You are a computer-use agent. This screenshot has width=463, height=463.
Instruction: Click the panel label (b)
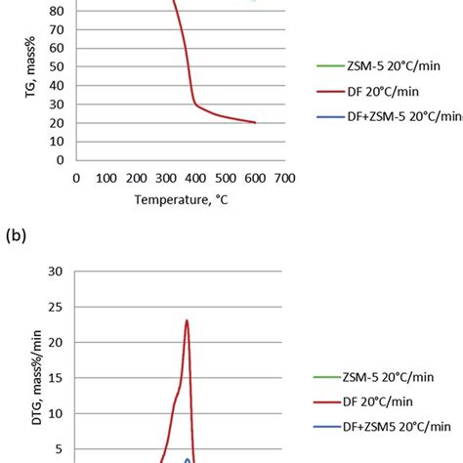pyautogui.click(x=17, y=233)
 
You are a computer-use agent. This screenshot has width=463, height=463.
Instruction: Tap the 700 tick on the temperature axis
pyautogui.click(x=284, y=179)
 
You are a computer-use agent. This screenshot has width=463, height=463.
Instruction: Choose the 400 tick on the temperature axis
pyautogui.click(x=195, y=179)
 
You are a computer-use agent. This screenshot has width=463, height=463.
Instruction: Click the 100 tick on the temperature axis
pyautogui.click(x=105, y=179)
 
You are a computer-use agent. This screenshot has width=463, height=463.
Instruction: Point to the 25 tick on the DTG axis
pyautogui.click(x=56, y=307)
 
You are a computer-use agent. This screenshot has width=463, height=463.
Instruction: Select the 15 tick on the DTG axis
pyautogui.click(x=56, y=378)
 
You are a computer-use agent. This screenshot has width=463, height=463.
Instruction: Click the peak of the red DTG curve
pyautogui.click(x=187, y=320)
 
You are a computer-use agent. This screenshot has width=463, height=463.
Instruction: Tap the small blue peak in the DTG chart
pyautogui.click(x=188, y=457)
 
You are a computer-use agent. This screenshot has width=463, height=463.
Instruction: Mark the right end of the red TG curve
pyautogui.click(x=255, y=122)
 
